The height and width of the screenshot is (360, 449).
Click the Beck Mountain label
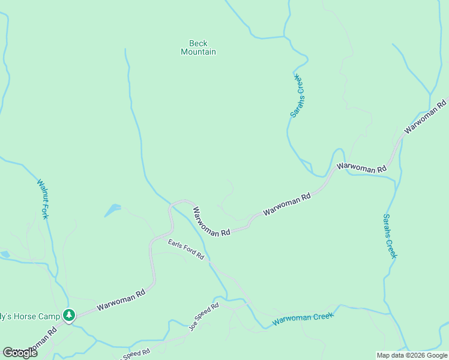pyautogui.click(x=198, y=47)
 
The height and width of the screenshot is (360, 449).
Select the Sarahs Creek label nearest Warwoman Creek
pyautogui.click(x=390, y=236)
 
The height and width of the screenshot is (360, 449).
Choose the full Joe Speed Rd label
pyautogui.click(x=204, y=316)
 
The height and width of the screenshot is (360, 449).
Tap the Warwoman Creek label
pyautogui.click(x=303, y=319)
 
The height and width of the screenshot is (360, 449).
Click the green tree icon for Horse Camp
pyautogui.click(x=69, y=314)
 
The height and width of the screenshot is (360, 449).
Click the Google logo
pyautogui.click(x=20, y=353)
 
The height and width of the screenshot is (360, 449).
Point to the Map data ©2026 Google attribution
pyautogui.click(x=412, y=355)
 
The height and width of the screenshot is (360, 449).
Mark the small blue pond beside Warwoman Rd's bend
pyautogui.click(x=112, y=210)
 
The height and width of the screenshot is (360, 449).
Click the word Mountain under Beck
pyautogui.click(x=198, y=52)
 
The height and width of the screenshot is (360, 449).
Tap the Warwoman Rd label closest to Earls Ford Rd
pyautogui.click(x=211, y=222)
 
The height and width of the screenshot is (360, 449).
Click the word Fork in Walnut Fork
pyautogui.click(x=45, y=210)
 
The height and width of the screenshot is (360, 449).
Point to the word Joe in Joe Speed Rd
pyautogui.click(x=193, y=325)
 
